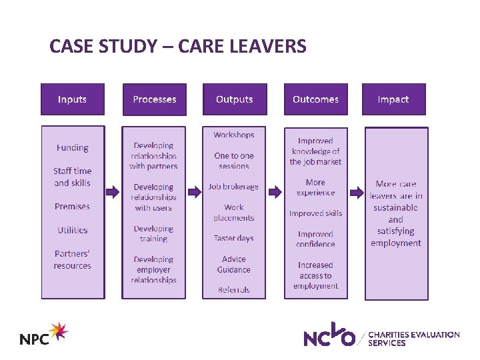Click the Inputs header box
(x=72, y=99)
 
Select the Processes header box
(x=154, y=99)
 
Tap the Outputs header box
(x=235, y=99)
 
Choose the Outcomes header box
(x=315, y=99)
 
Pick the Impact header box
(x=393, y=99)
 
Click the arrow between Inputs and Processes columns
(x=113, y=192)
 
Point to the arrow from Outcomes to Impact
(x=357, y=192)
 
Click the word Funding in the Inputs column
(x=72, y=147)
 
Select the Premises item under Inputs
(x=72, y=206)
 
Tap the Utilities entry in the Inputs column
(x=72, y=230)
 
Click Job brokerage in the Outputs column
(x=233, y=187)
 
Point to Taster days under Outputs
(x=233, y=238)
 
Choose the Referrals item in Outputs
(x=233, y=290)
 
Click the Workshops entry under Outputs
(x=233, y=135)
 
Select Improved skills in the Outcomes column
(x=315, y=213)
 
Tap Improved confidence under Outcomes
(x=315, y=239)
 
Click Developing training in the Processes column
(x=153, y=233)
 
